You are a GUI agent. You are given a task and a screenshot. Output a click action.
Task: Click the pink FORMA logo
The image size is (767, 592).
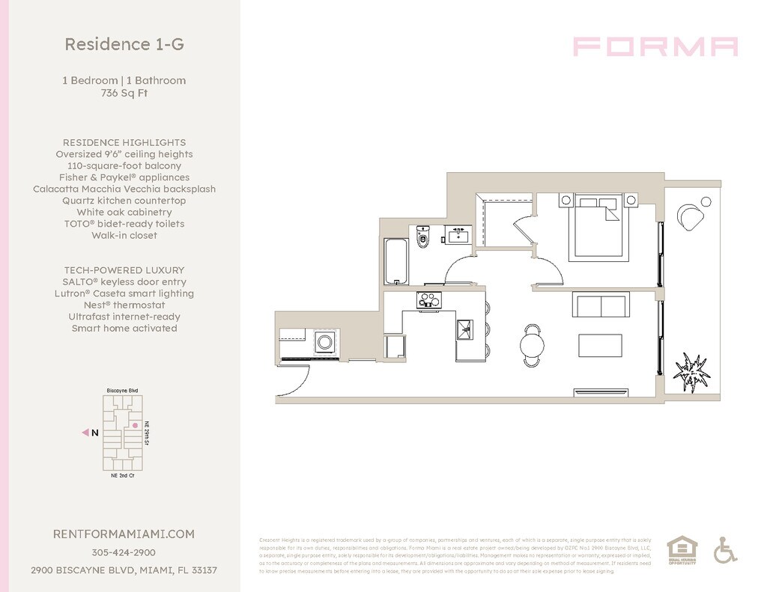pos(655,46)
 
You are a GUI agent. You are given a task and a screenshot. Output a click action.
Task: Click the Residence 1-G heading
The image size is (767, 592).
pos(124,44)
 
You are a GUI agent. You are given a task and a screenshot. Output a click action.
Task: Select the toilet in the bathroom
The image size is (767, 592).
pos(422,237)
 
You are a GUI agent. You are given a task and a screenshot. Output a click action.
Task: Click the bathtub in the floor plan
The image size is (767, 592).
pos(395,260)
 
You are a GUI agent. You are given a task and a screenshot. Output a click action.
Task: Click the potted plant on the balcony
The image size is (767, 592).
pos(691,370)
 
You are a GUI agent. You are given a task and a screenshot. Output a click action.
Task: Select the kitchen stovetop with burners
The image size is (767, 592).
pos(428,300)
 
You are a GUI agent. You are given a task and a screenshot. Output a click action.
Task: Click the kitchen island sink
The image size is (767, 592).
pos(465,329)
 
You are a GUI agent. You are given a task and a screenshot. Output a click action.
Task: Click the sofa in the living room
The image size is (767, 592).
pos(599,305)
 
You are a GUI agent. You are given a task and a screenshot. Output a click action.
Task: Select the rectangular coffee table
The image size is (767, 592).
pos(599,345)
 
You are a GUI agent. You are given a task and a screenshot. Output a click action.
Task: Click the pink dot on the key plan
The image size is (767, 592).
pos(136,425)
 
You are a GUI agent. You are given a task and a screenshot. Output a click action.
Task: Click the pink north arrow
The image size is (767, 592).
pos(85,433)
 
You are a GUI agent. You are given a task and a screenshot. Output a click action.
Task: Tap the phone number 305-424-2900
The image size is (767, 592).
pos(124,552)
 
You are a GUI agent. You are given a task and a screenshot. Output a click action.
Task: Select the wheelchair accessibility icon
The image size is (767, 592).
pos(724,550)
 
